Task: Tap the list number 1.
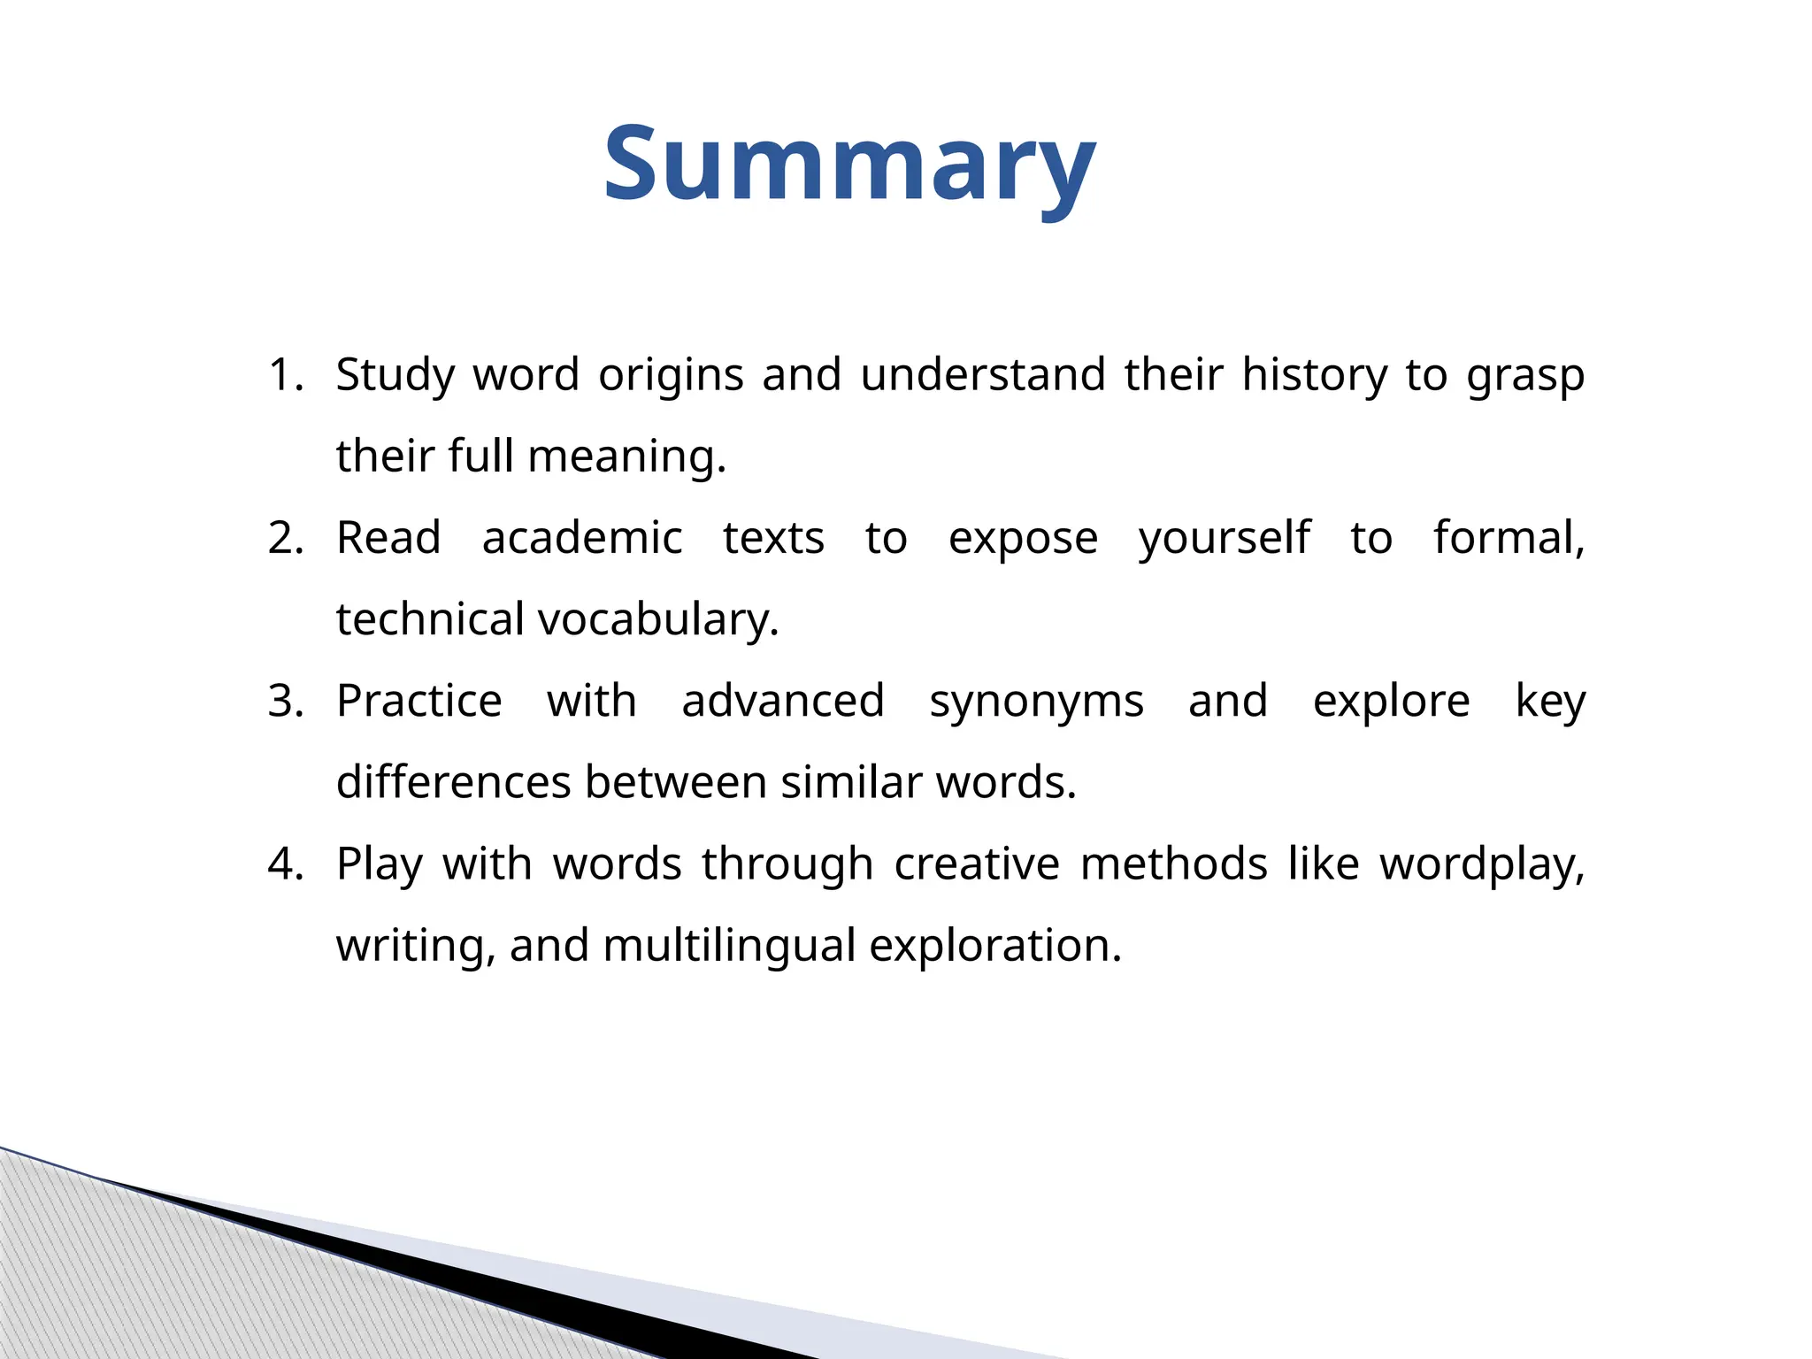click(x=285, y=375)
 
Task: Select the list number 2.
click(x=285, y=538)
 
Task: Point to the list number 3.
click(x=285, y=702)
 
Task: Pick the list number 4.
click(x=285, y=864)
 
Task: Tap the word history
click(x=1315, y=375)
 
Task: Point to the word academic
click(x=582, y=538)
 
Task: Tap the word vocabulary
click(x=657, y=620)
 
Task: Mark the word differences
click(x=453, y=783)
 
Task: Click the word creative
click(x=977, y=864)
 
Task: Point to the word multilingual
click(x=729, y=947)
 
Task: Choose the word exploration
click(x=995, y=947)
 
